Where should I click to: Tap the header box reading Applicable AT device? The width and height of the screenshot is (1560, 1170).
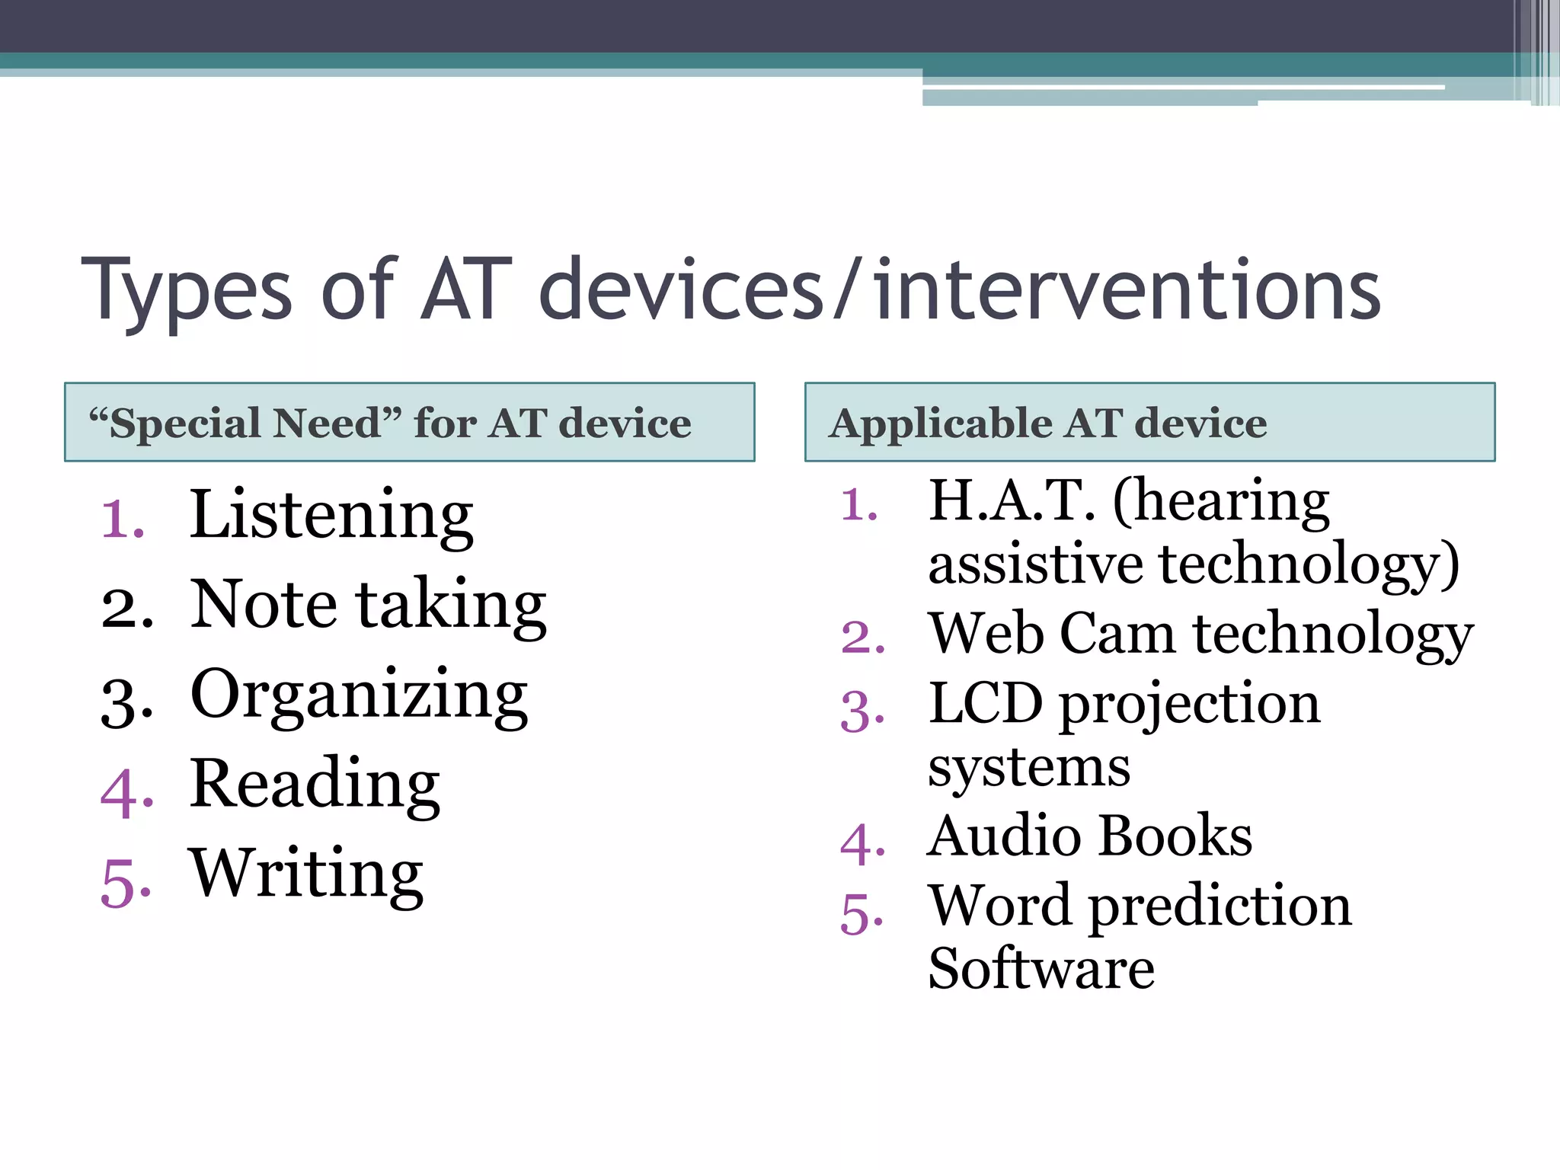1149,422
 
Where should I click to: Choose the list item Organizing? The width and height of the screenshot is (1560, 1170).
358,695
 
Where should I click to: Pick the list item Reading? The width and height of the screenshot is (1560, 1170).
314,785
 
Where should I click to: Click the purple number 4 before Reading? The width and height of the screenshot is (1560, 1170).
125,794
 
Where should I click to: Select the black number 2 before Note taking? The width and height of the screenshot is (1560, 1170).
125,609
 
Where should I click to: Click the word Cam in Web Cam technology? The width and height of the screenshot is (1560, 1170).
1117,634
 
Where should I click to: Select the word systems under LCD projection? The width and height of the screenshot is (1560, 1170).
1028,768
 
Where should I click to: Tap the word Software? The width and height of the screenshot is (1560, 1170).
1041,969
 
